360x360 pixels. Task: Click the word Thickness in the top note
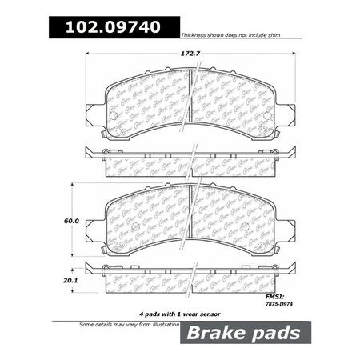click(198, 36)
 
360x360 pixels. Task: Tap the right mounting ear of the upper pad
click(284, 114)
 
